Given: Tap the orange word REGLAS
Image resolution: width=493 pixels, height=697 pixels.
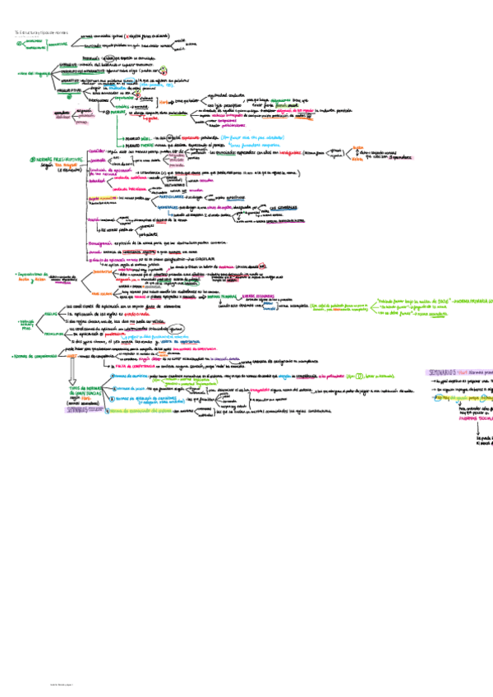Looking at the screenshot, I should pos(50,314).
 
